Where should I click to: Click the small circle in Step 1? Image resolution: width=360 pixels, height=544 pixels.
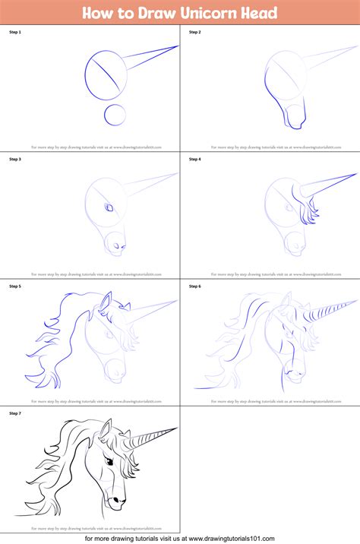click(115, 115)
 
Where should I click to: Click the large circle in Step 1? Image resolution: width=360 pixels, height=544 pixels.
click(106, 75)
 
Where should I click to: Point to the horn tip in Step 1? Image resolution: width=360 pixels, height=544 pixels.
click(178, 46)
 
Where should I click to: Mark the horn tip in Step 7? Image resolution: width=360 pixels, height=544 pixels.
click(178, 428)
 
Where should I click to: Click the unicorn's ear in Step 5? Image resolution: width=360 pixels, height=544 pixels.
click(104, 305)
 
